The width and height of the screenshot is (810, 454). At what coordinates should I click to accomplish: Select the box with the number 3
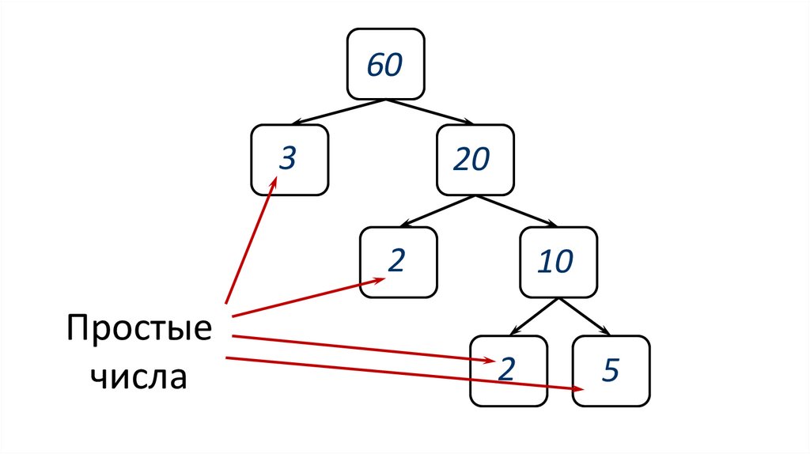pos(290,160)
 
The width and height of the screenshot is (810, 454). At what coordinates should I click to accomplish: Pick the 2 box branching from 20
pos(398,262)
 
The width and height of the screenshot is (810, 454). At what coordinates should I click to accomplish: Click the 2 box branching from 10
pos(509,370)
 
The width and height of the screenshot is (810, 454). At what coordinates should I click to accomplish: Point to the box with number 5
pos(611,370)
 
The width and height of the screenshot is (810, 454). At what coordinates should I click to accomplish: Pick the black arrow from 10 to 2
pos(534,316)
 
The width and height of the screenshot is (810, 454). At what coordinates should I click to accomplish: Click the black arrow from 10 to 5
pos(585,316)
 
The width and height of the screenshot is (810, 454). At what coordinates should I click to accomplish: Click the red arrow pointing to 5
pos(403,373)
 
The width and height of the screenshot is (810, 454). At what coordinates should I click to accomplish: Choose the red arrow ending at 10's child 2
pos(364,349)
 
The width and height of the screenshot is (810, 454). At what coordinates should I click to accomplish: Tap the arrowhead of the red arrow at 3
pos(272,184)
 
